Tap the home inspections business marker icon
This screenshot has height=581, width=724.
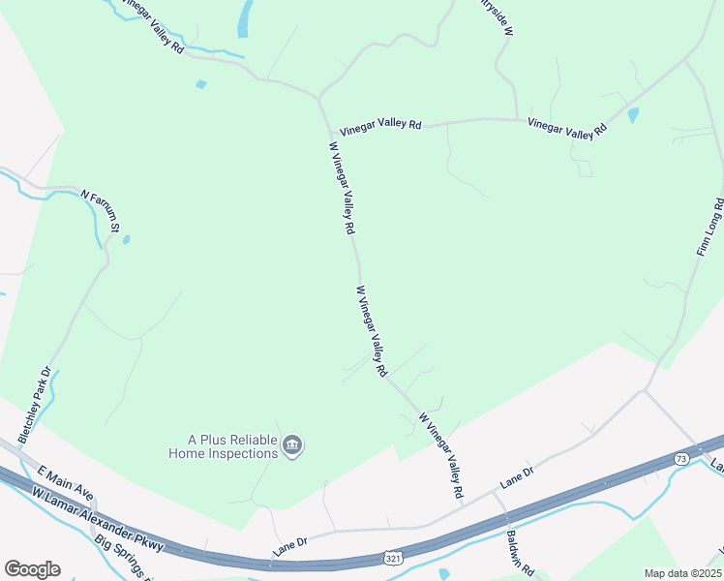293,446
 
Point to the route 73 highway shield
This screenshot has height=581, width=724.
681,459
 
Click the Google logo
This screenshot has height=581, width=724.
32,569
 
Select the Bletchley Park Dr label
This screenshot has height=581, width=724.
34,401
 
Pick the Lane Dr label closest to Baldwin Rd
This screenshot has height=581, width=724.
517,475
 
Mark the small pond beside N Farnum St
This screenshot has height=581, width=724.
127,239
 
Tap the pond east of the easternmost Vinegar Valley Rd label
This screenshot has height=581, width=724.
633,115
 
